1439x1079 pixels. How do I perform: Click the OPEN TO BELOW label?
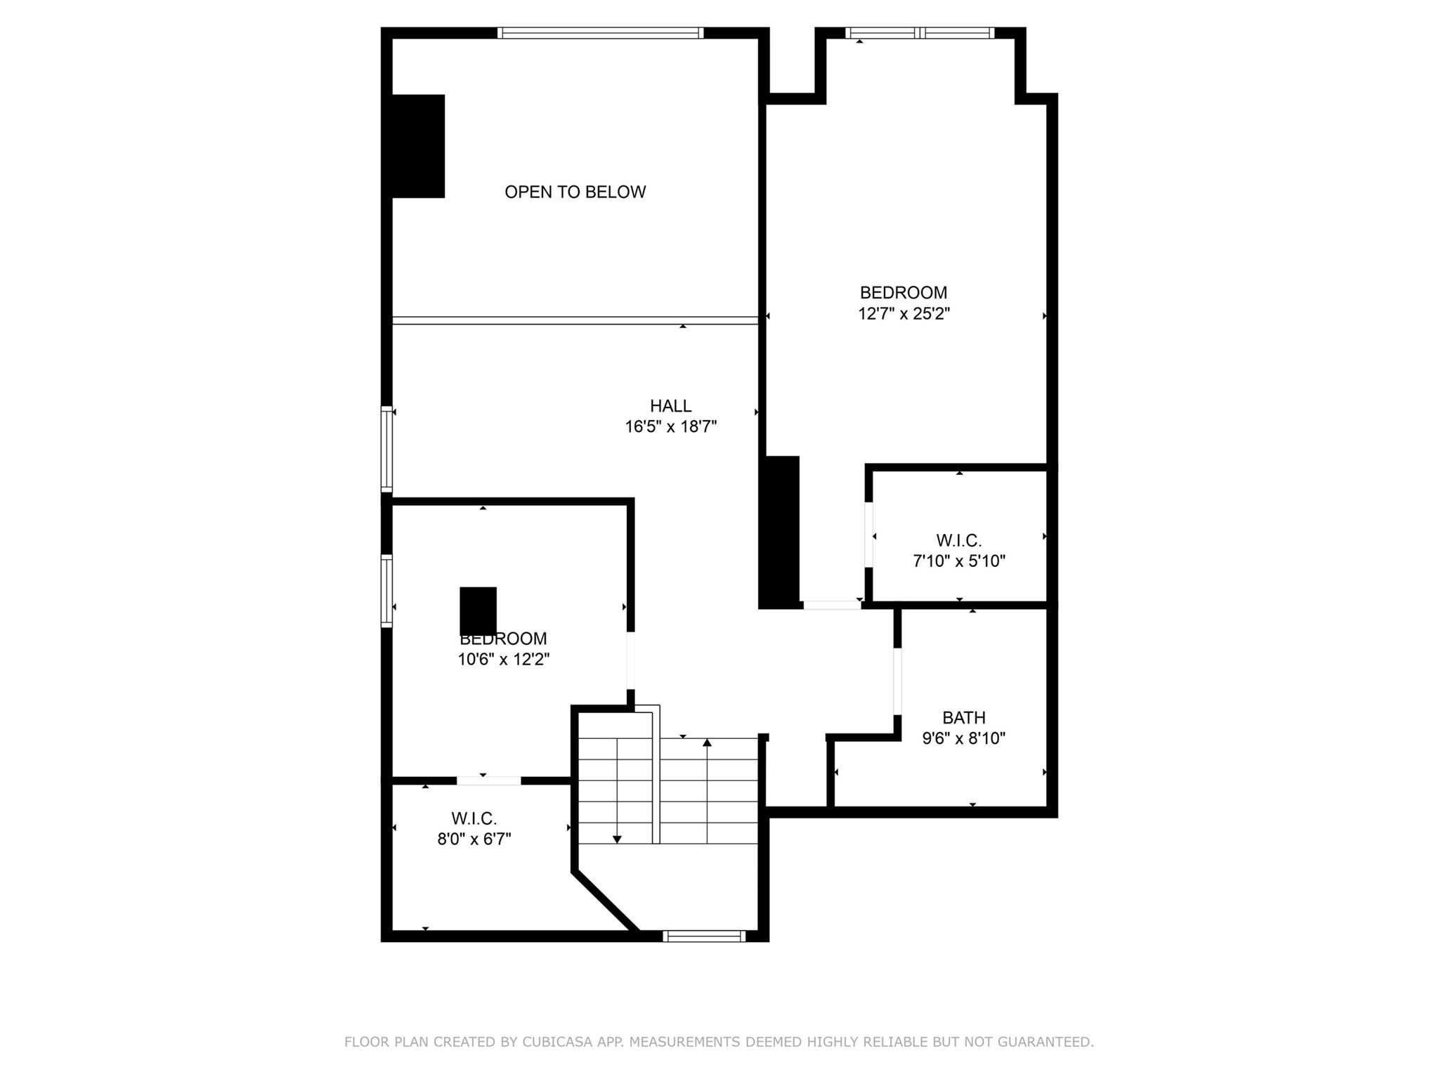coord(575,192)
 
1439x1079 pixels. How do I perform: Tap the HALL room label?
coord(670,405)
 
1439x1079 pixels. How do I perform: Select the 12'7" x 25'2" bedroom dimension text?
coord(904,313)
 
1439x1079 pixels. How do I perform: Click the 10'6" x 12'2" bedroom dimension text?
coord(503,659)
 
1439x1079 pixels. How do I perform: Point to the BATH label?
coord(963,717)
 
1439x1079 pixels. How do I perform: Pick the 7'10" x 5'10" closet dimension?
coord(959,561)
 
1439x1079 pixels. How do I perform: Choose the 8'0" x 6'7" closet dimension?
coord(474,839)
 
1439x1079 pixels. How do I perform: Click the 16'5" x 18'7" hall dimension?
coord(670,426)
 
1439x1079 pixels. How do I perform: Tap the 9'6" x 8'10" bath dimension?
coord(963,738)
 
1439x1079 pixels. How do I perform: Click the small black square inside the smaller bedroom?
coord(478,610)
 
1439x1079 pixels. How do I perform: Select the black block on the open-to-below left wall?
coord(418,146)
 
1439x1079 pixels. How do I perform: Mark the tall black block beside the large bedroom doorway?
coord(779,532)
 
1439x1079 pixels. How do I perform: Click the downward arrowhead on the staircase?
coord(617,839)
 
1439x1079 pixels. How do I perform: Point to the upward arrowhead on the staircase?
coord(707,743)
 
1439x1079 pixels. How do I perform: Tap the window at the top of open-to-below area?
coord(600,32)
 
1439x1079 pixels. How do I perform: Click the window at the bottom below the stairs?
coord(703,936)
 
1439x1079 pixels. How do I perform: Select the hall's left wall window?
coord(386,450)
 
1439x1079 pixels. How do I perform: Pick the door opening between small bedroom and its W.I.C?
coord(488,780)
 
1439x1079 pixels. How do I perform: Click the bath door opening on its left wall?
coord(897,681)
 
